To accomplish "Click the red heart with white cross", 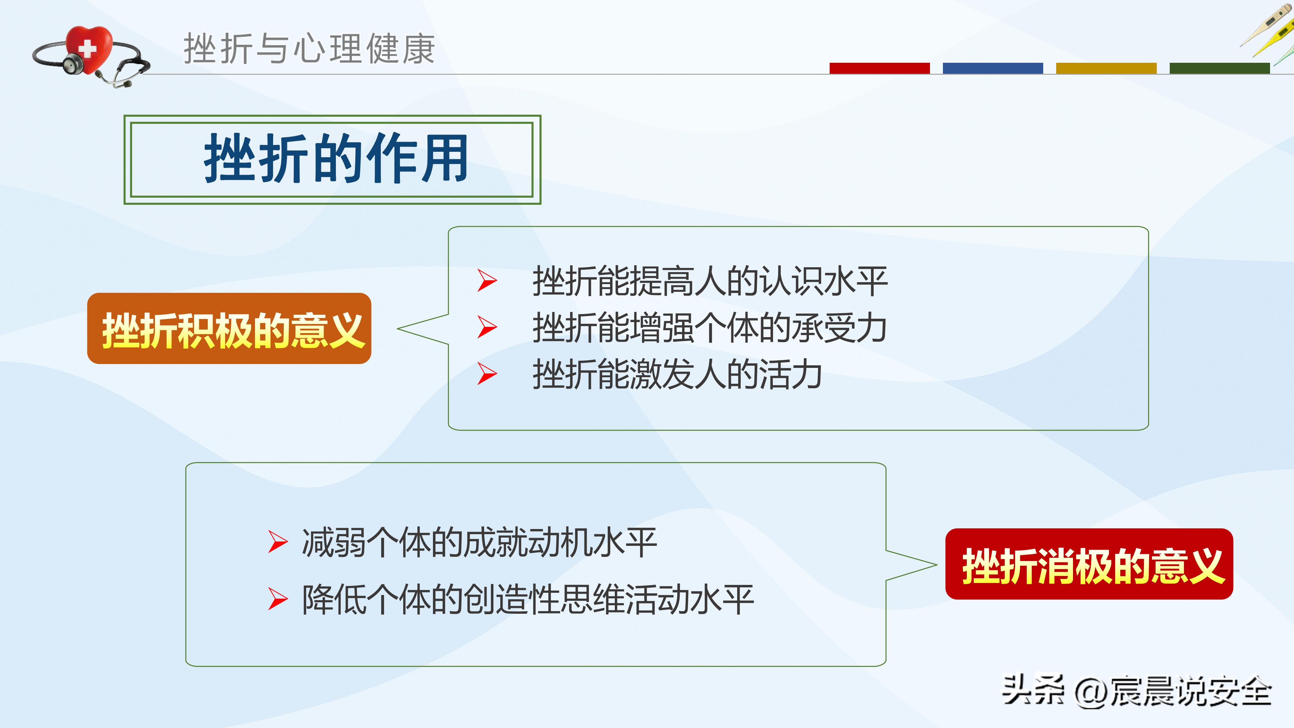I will [89, 48].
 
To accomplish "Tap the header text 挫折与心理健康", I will [309, 49].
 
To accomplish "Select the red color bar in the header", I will [879, 68].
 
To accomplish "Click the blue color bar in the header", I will [993, 68].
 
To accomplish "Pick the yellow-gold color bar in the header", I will [1106, 68].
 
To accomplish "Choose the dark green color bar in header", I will [1219, 68].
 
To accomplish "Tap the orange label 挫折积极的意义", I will [229, 329].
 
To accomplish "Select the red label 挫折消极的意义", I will [1089, 564].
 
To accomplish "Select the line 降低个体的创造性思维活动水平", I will [527, 599].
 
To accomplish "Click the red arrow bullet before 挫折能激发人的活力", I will [486, 374].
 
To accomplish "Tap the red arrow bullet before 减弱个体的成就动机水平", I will [277, 542].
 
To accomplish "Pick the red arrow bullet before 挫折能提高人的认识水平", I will [486, 280].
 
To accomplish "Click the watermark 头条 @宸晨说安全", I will [1136, 691].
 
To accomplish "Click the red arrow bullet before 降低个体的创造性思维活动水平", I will [277, 599].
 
